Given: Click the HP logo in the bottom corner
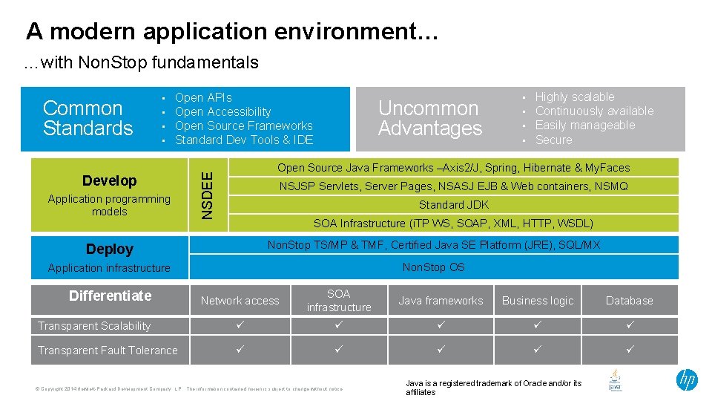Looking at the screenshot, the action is click(687, 380).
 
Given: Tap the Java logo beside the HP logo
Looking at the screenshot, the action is click(615, 380).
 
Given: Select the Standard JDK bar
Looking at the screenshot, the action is click(453, 205).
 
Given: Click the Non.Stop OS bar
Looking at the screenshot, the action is click(434, 267).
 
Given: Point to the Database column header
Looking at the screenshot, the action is click(629, 301).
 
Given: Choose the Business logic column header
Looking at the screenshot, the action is click(538, 301).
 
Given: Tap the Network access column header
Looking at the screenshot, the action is click(240, 301).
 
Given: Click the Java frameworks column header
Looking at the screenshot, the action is click(441, 301).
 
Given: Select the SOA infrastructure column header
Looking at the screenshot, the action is click(339, 301).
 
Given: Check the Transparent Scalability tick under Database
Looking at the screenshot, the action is click(630, 325).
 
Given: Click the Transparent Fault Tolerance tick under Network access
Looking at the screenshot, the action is click(240, 350).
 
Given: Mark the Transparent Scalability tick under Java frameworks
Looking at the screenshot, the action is click(441, 325).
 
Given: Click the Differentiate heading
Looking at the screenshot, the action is click(110, 296).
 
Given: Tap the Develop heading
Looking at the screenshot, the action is click(110, 180).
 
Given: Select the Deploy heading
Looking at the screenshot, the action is click(110, 249).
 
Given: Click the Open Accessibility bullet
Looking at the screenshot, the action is click(222, 111).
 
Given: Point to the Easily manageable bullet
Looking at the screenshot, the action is click(585, 125).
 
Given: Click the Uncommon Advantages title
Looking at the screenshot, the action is click(429, 118).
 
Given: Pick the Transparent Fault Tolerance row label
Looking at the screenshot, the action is click(108, 351).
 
